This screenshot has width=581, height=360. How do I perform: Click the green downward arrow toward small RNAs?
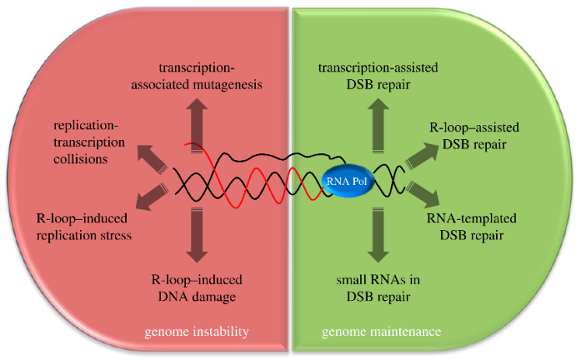tap(379, 239)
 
